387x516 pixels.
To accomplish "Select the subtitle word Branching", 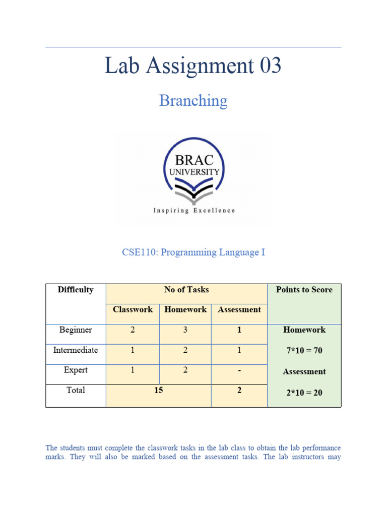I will tap(193, 101).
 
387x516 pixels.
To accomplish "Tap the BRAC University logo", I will tap(193, 171).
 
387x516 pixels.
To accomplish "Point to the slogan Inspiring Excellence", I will tap(194, 210).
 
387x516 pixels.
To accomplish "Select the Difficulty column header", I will tap(76, 290).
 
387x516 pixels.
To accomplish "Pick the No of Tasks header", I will tap(186, 290).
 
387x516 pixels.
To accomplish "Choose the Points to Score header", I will tap(304, 290).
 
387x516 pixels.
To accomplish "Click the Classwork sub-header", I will tap(133, 309).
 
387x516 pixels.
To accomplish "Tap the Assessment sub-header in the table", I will tap(239, 309).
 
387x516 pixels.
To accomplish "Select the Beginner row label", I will tap(76, 330).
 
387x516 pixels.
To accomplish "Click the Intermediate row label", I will tap(76, 350).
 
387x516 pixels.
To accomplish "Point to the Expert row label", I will tap(76, 370).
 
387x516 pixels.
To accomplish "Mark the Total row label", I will tap(76, 390).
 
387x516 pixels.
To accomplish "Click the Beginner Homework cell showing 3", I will tap(185, 330).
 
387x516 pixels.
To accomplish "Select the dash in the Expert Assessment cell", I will tap(239, 370).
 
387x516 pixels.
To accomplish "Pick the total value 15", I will tap(158, 391).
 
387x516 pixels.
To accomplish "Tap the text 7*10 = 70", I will tap(304, 351).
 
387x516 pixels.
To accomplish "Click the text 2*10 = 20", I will tap(304, 393).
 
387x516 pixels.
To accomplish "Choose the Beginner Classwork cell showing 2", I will tap(133, 330).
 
